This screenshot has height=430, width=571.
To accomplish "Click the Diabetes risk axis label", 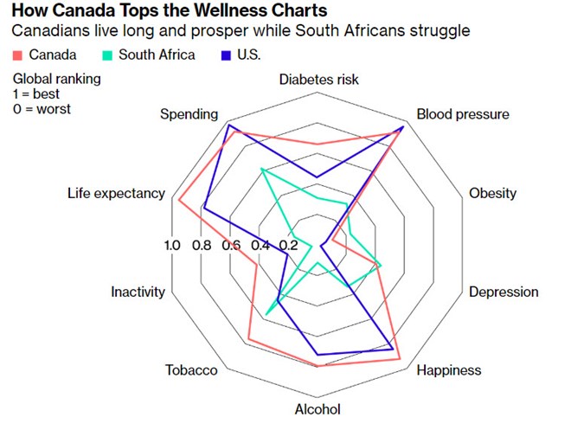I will (318, 80).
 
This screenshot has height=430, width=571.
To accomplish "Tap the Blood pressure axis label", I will (463, 114).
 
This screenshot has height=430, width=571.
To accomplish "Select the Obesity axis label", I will (492, 193).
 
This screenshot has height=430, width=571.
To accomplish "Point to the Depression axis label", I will (504, 292).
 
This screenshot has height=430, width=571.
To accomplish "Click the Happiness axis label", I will (448, 370).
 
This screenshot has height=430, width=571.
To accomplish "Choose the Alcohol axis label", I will (318, 409).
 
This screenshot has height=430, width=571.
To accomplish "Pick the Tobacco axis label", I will (191, 370).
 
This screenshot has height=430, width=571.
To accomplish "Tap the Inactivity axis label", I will (138, 292).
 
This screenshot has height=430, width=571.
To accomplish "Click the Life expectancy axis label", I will (116, 193).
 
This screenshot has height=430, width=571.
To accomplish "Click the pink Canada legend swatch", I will (17, 55).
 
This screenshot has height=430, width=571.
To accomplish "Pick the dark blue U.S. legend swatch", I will (227, 55).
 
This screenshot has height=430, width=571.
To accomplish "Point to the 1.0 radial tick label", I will (172, 245).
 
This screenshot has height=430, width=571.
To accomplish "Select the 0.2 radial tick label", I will (288, 245).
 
